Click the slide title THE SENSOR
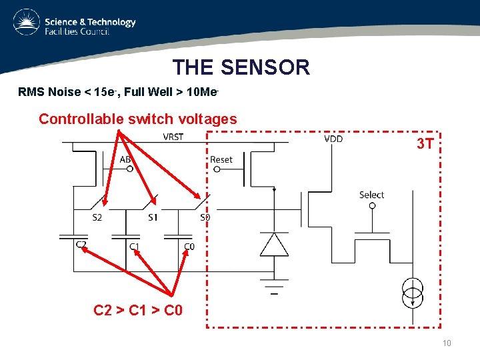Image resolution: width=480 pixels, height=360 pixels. tap(241, 67)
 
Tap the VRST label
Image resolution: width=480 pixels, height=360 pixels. tap(173, 137)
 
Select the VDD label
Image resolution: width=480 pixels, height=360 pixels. tap(333, 139)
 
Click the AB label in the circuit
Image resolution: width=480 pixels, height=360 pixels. tap(125, 159)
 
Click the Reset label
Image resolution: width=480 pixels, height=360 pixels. tap(221, 159)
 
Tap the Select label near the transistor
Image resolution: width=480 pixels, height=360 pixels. tap(371, 195)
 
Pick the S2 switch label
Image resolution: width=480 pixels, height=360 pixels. tap(97, 217)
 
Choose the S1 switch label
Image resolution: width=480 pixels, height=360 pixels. tap(153, 217)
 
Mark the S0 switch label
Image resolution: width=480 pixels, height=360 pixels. tap(205, 217)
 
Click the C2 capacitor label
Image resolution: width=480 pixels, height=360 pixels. tap(81, 245)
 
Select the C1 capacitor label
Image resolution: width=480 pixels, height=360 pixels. tap(134, 247)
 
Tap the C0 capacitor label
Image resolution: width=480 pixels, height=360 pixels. tap(189, 247)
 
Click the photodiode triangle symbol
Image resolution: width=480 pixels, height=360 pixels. tap(274, 245)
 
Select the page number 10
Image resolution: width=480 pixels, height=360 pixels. tap(446, 343)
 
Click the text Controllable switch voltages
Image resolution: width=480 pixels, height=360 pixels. tap(138, 119)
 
